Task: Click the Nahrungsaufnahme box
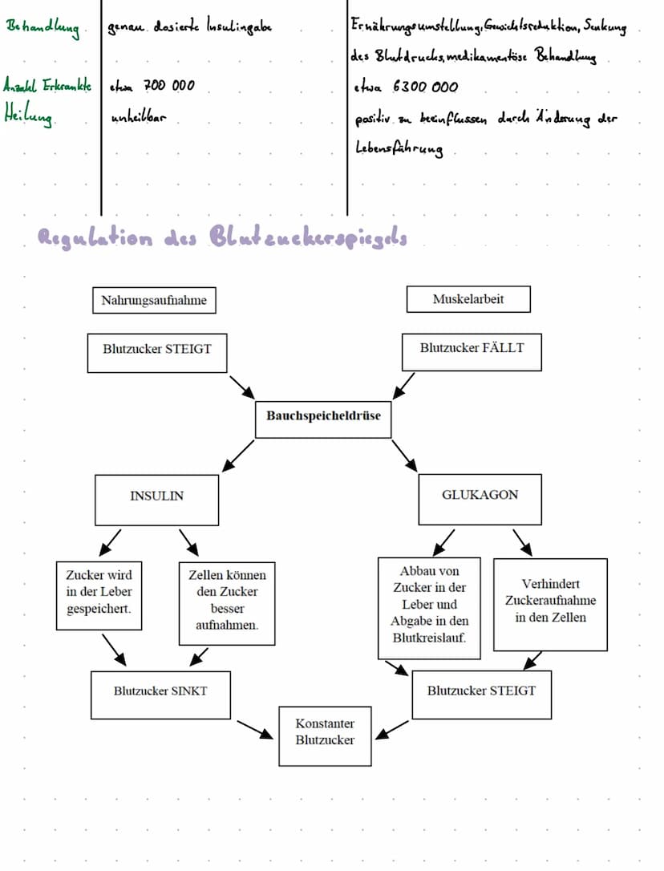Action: point(154,301)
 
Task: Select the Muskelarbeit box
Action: point(469,299)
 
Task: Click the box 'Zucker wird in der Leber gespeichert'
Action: point(99,595)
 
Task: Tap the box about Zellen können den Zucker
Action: point(227,603)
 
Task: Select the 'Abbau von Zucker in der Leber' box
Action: point(429,608)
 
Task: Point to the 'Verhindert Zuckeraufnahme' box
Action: point(550,604)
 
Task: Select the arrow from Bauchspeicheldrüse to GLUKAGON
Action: point(405,455)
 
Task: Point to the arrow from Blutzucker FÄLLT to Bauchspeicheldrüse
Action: point(404,384)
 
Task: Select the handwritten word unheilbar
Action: point(138,118)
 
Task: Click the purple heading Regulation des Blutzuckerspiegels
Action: point(222,238)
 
